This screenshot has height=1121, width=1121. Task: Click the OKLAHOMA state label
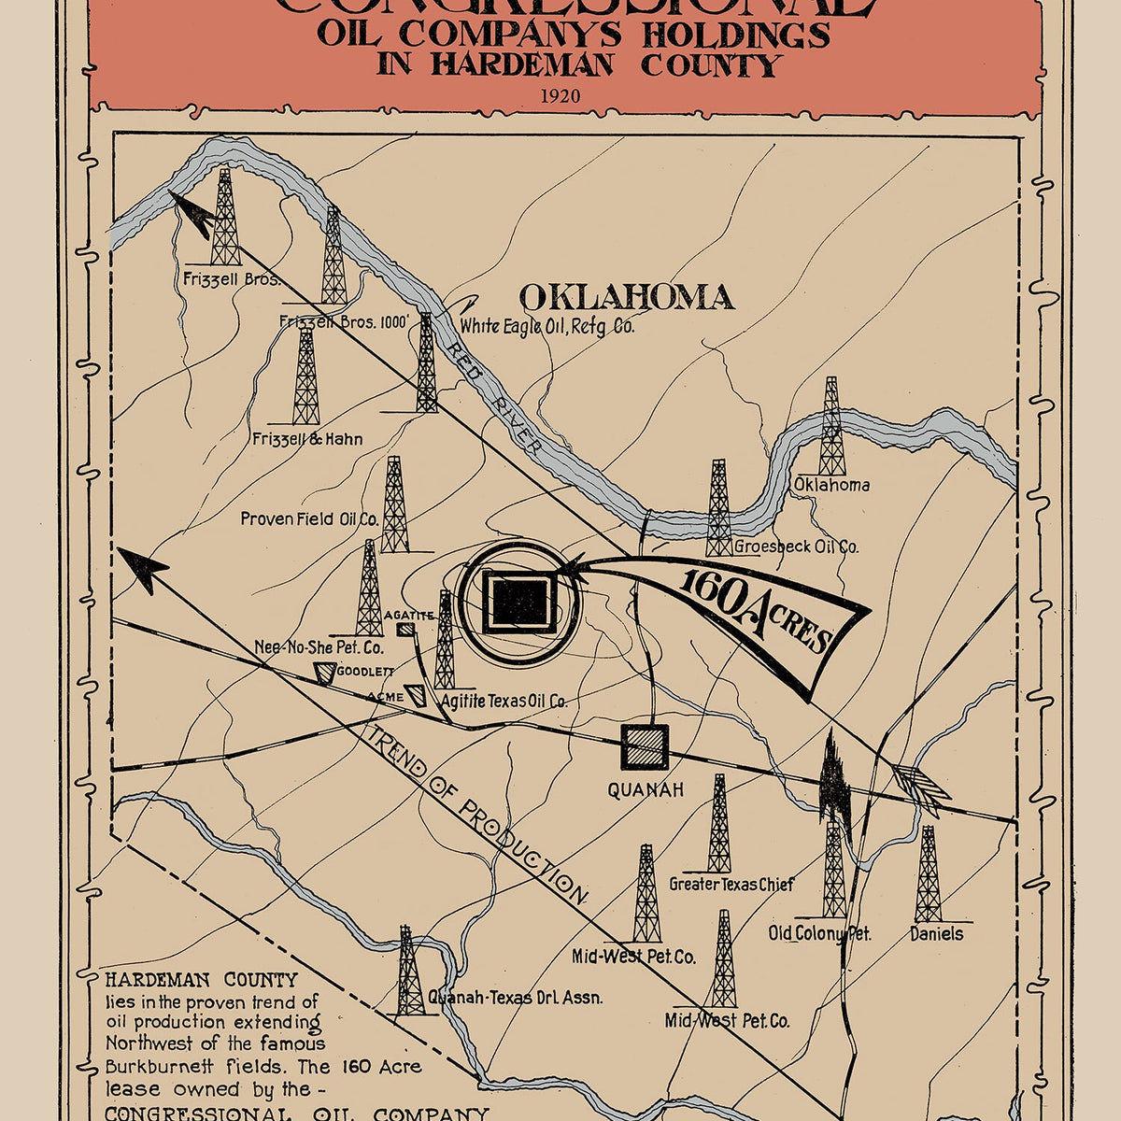[626, 297]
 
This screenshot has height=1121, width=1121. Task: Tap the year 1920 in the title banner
[559, 95]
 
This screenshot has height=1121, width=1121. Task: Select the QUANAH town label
[646, 790]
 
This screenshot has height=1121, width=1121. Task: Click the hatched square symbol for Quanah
[646, 747]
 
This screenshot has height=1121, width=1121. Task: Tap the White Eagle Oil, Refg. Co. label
[546, 327]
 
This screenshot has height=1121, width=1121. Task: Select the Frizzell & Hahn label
[307, 439]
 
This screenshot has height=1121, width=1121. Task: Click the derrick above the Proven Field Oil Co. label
[394, 504]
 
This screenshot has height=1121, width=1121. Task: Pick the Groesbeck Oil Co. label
[796, 547]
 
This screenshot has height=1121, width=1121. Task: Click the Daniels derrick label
[936, 933]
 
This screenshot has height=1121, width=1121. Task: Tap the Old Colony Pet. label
[819, 933]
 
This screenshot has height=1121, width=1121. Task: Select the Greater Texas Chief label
[731, 884]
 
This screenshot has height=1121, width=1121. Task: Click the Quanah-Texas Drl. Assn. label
[515, 997]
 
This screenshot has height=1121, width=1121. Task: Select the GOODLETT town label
[365, 671]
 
